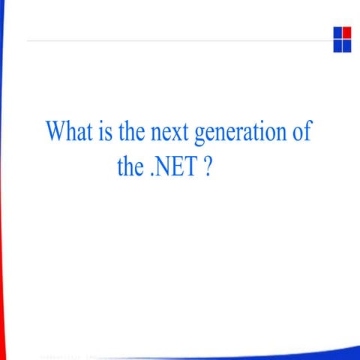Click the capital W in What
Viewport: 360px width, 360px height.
[x=55, y=132]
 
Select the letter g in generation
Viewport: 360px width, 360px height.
[x=199, y=136]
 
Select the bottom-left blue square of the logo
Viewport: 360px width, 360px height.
[x=337, y=45]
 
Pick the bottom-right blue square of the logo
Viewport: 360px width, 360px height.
[x=346, y=45]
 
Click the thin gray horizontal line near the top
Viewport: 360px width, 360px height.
[x=180, y=39]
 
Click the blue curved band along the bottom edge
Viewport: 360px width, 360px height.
[x=300, y=353]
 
